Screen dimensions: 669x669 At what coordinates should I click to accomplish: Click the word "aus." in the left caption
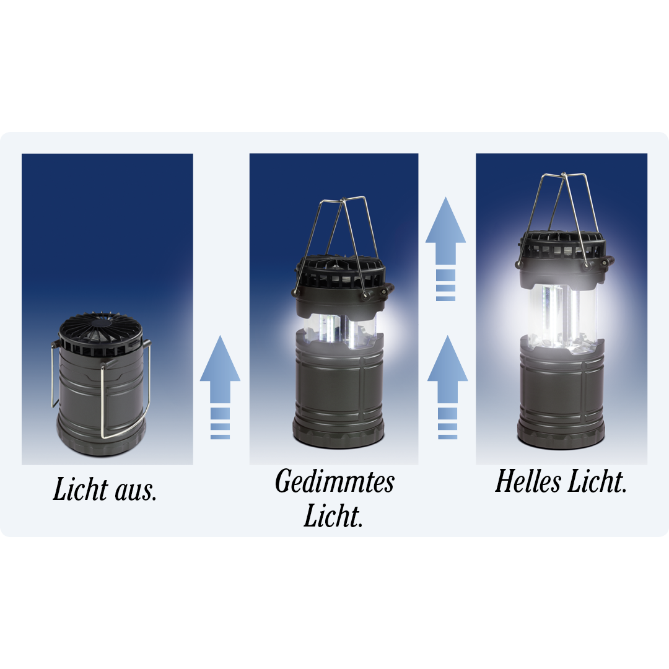(x=136, y=491)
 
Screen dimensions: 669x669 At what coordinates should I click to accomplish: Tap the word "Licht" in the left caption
(x=81, y=489)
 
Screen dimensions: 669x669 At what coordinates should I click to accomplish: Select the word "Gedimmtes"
(x=334, y=482)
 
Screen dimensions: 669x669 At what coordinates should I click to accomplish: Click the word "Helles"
(x=527, y=481)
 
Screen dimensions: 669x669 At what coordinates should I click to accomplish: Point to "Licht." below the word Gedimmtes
(x=333, y=515)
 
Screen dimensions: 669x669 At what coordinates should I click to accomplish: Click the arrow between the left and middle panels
(x=220, y=387)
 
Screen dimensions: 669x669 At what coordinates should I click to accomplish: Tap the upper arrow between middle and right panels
(x=445, y=249)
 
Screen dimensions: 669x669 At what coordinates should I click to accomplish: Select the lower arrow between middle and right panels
(x=447, y=387)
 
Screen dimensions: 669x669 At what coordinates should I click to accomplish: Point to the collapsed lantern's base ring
(x=102, y=439)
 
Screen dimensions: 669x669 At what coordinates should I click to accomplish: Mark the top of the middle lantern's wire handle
(x=344, y=199)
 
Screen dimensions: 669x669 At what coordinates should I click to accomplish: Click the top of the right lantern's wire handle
(x=564, y=175)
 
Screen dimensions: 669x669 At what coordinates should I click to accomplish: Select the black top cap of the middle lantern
(x=340, y=278)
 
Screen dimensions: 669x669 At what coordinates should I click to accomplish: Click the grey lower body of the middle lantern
(x=338, y=390)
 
